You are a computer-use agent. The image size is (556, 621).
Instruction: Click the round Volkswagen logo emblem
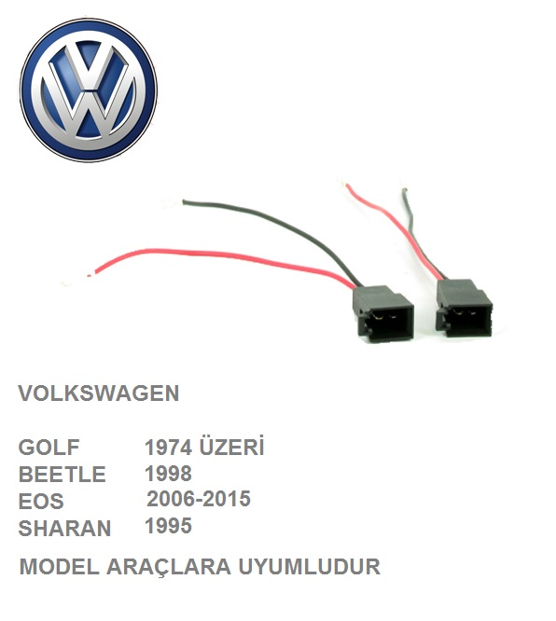pos(89,90)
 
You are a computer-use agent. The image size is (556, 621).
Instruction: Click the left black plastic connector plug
pos(383,313)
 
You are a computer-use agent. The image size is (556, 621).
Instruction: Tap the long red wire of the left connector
pos(222,258)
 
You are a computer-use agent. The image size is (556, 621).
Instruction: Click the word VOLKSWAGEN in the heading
pos(99,393)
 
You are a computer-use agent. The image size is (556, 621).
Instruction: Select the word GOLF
pos(49,448)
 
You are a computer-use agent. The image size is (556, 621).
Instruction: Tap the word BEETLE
pos(63,475)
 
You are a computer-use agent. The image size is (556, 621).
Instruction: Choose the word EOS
pos(41,502)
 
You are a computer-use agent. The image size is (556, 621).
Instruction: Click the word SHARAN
pos(64,529)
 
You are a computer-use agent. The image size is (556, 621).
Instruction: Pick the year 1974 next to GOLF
pos(169,448)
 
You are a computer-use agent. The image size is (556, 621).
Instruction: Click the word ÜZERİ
pos(232,447)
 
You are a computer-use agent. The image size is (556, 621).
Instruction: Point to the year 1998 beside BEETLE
pos(169,474)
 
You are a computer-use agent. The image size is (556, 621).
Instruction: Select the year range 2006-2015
pos(199,499)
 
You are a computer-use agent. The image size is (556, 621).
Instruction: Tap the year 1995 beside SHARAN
pos(169,526)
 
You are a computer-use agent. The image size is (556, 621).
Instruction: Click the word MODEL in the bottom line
pos(59,567)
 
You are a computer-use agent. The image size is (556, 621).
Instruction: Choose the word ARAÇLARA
pos(169,568)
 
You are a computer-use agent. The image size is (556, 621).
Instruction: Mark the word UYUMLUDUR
pos(309,567)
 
